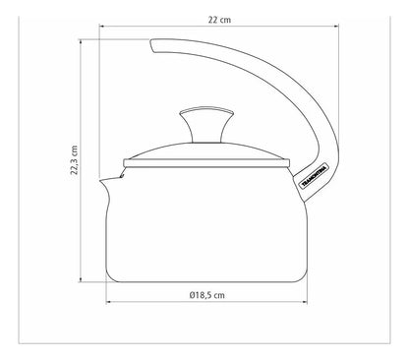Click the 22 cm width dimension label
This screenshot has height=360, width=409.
point(219,20)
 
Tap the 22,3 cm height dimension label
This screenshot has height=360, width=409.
point(75,160)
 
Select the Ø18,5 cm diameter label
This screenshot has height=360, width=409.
point(207,295)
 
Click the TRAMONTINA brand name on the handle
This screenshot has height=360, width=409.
point(314,176)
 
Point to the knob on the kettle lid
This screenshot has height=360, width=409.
point(206,125)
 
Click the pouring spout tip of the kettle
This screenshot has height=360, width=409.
point(100,180)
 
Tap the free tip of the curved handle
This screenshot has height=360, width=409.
point(152,45)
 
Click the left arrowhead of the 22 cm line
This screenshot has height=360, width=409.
point(101,26)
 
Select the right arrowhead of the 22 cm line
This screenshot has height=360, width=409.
point(336,26)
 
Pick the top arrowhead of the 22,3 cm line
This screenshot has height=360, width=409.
point(81,41)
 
